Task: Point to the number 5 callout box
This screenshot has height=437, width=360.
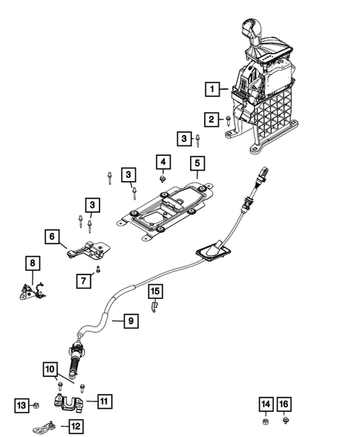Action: click(197, 162)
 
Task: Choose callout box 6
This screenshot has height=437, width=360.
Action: click(52, 237)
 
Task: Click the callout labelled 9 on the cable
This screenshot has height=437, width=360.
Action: click(129, 321)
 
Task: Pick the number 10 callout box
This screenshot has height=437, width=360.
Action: click(50, 368)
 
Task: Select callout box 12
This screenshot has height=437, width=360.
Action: click(75, 426)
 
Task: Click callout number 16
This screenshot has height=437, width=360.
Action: click(284, 404)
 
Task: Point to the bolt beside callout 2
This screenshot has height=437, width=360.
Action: click(229, 119)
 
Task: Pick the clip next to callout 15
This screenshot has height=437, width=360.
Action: click(154, 307)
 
